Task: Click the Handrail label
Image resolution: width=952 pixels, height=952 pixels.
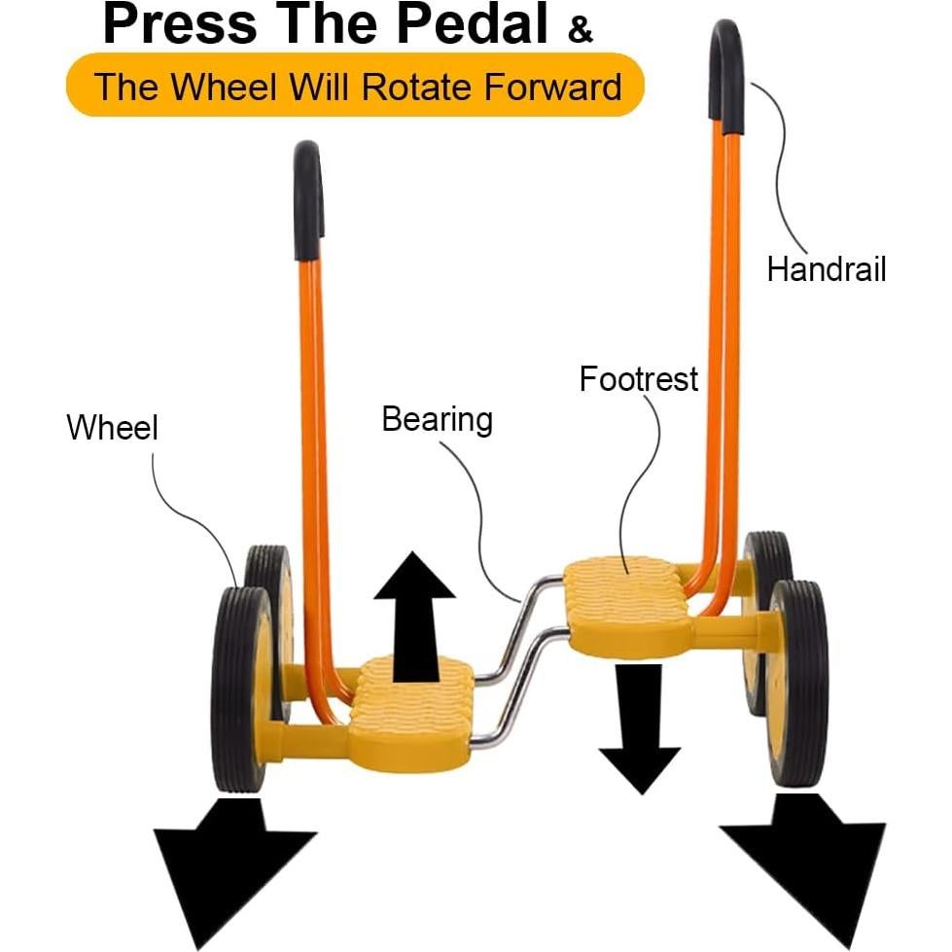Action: point(826,268)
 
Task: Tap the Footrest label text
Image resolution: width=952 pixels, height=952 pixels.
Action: point(638,378)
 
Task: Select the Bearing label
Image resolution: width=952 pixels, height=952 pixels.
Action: point(437,420)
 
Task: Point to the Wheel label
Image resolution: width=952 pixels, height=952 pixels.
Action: point(112,427)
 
